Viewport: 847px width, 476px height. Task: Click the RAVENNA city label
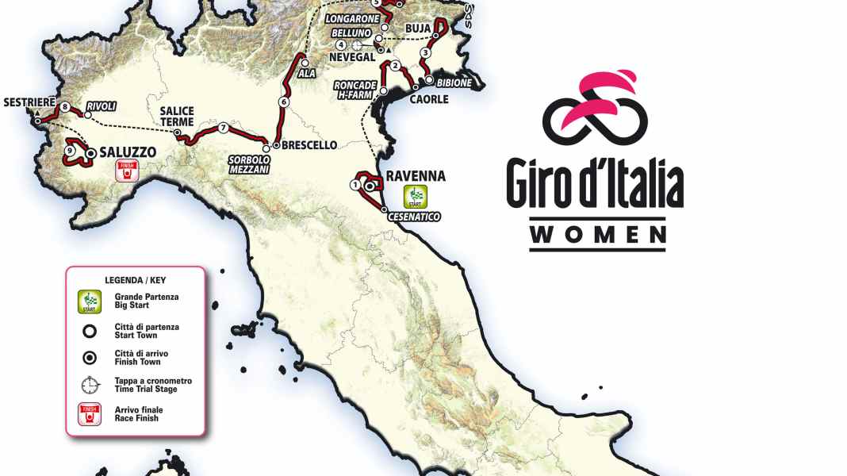coord(415,176)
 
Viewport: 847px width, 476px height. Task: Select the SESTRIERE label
coord(29,103)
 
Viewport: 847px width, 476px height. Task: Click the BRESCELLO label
coord(310,145)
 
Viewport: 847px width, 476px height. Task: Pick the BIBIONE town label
coord(454,83)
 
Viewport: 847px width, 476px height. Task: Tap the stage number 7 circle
coord(224,128)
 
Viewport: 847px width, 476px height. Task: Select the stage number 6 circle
coord(283,102)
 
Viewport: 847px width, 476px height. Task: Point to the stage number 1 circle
coord(355,184)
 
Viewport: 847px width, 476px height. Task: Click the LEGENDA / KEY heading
coord(135,279)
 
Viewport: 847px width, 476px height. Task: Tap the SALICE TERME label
coord(177,117)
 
